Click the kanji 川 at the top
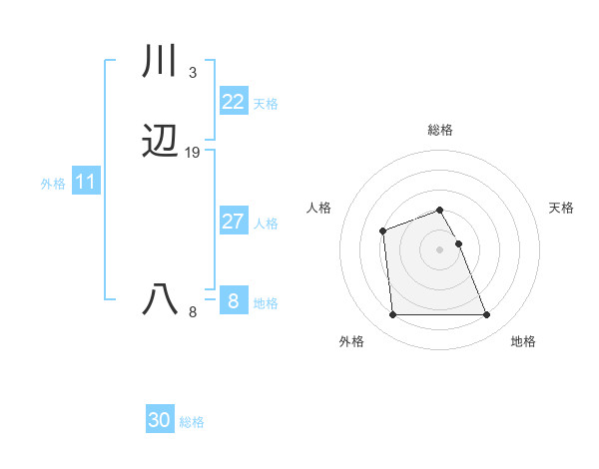coord(160,62)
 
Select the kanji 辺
coord(160,143)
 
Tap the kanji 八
coord(160,299)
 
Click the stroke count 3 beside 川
coord(192,72)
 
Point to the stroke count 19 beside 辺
coord(193,153)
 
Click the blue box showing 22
coord(233,101)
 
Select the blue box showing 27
coord(233,222)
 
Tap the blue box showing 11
coord(85,183)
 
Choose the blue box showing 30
coord(159,420)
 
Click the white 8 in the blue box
coord(233,300)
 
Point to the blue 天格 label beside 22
coord(266,104)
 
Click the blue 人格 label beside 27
coord(266,224)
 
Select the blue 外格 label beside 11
coord(53,185)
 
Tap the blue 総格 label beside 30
coord(192,422)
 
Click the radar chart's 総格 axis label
coord(439,130)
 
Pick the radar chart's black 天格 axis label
coord(561,208)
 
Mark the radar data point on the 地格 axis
coord(486,315)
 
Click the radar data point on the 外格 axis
coord(392,315)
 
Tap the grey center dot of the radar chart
coord(439,249)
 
